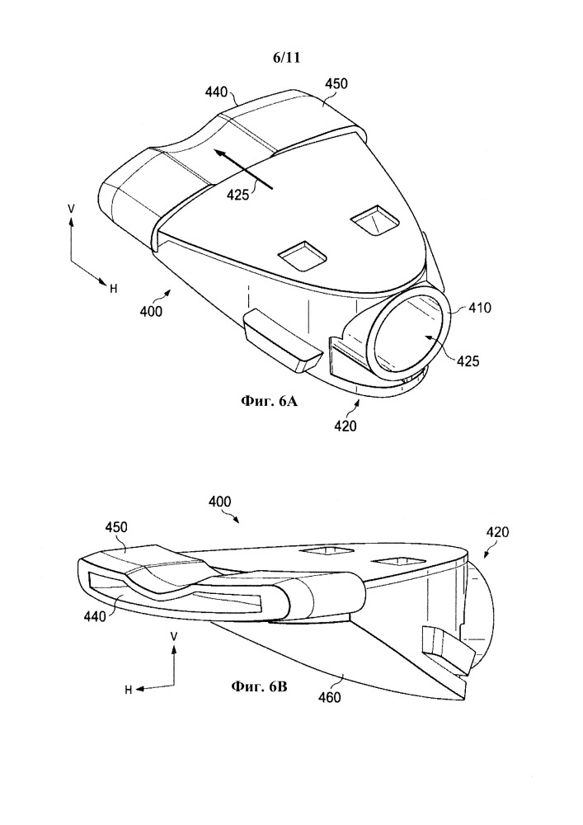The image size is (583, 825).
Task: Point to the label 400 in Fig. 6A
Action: pyautogui.click(x=152, y=312)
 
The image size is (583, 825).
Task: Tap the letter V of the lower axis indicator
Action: pyautogui.click(x=174, y=637)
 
